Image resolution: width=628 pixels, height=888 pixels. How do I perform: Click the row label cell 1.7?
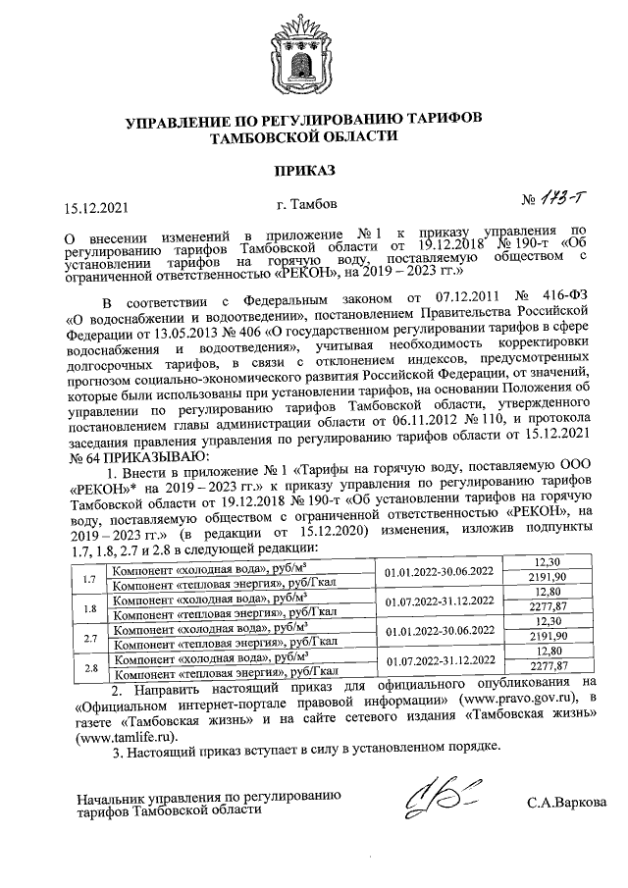88,580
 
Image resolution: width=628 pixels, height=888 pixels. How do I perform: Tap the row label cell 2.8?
88,669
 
